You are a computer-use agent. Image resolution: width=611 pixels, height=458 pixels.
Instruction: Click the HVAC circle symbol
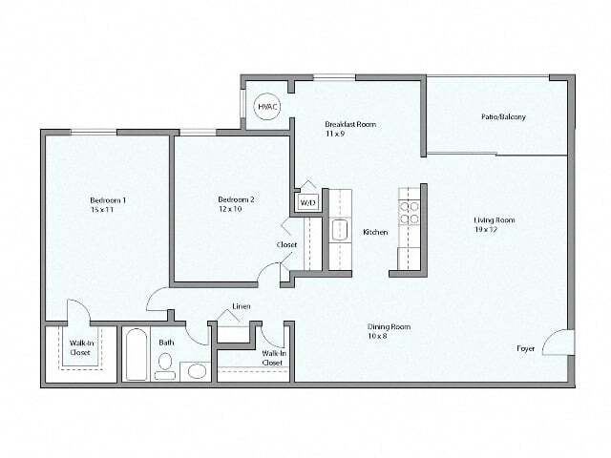point(267,107)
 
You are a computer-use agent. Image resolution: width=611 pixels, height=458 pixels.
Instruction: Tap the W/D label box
point(308,202)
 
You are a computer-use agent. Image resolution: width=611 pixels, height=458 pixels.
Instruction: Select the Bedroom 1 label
point(108,199)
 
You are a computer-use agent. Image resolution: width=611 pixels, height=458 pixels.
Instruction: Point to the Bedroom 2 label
point(236,199)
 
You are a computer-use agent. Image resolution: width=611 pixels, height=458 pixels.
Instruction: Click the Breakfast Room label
point(350,124)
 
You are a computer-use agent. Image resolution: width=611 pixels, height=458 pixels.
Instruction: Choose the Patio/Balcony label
point(503,117)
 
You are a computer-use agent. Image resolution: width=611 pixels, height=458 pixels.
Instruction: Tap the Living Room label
point(495,220)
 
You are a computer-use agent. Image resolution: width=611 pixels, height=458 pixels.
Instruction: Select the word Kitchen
point(374,232)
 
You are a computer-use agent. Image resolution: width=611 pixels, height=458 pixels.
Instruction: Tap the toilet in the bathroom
point(165,364)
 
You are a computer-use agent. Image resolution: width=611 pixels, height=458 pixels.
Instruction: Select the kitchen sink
point(340,232)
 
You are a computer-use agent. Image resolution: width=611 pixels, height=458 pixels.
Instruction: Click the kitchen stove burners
point(409,212)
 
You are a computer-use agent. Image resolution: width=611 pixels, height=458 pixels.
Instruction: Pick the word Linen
point(242,306)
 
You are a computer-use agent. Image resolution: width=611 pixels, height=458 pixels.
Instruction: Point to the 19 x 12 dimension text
point(488,229)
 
